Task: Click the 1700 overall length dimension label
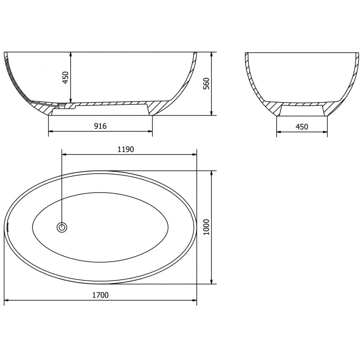click(x=100, y=295)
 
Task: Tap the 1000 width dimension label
click(x=206, y=227)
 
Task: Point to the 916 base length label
click(x=100, y=126)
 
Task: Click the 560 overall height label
click(x=206, y=84)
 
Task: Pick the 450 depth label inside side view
click(x=65, y=78)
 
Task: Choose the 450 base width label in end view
click(x=302, y=127)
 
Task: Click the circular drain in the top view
click(x=62, y=227)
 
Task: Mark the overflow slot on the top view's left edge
click(x=7, y=227)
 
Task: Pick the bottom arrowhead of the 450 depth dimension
click(x=71, y=100)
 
